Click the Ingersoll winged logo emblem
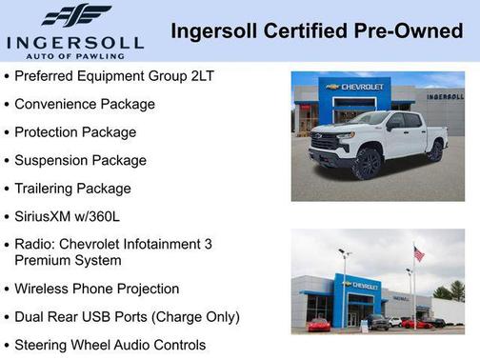[75, 16]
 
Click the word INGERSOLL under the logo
[75, 42]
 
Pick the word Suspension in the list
[52, 160]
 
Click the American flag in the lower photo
[418, 253]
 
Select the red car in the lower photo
[318, 325]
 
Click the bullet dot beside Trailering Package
[8, 190]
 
